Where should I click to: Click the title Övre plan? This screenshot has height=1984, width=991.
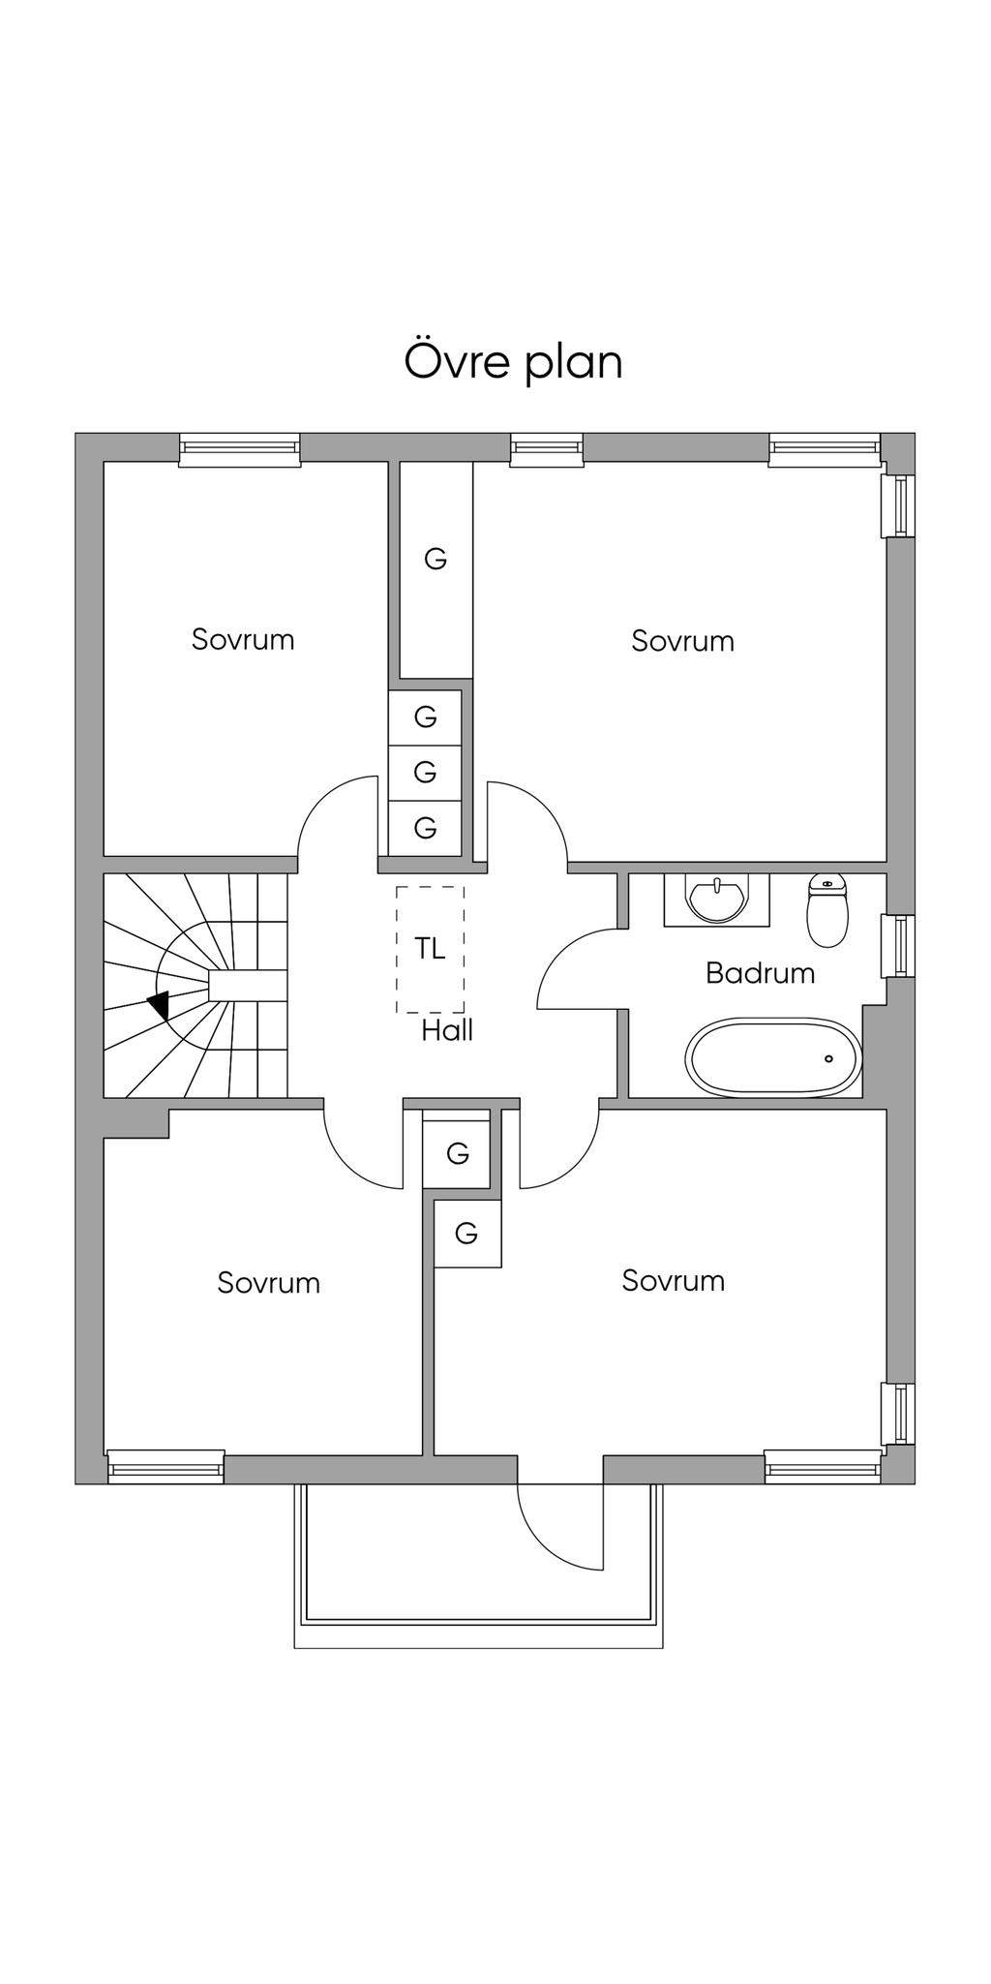[513, 361]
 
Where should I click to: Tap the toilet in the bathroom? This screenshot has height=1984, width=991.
[826, 909]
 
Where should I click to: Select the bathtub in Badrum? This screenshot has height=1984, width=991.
[773, 1057]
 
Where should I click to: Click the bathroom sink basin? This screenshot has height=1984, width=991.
[716, 898]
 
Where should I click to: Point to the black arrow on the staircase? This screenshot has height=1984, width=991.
[159, 1005]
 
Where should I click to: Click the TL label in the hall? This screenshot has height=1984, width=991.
[430, 949]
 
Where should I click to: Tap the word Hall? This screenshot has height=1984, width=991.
[447, 1030]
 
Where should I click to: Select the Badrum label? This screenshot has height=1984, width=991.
[760, 973]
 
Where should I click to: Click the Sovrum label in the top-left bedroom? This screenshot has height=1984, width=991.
[243, 639]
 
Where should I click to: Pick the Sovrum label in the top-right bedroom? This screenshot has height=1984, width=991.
[682, 641]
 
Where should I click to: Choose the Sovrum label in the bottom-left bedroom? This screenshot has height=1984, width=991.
[268, 1283]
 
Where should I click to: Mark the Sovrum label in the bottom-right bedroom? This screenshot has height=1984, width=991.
[673, 1281]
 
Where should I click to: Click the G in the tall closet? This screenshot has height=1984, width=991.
[435, 559]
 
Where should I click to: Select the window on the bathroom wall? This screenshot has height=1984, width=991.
[898, 945]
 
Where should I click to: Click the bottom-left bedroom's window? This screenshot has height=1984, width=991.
[165, 1468]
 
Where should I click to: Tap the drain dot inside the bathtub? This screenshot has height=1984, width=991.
[829, 1058]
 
